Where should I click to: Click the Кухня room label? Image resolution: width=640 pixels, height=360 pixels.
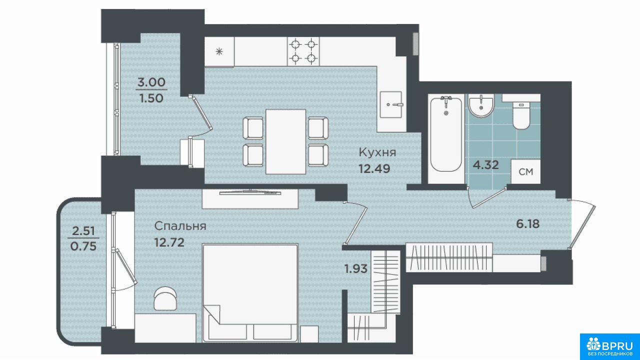click(x=377, y=152)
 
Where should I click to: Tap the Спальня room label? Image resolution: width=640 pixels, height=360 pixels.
click(x=180, y=226)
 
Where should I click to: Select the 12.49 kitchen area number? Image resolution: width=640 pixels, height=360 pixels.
click(x=374, y=168)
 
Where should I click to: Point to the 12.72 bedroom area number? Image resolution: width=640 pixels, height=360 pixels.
click(x=169, y=242)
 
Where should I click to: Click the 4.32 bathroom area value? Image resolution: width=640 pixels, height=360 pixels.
click(x=485, y=165)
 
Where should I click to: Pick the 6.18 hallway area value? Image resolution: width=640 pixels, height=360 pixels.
click(x=527, y=223)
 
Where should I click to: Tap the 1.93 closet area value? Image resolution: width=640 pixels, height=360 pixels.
click(x=355, y=269)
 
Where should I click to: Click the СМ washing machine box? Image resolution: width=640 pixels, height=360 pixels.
click(x=525, y=171)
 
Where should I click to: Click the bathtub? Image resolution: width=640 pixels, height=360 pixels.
click(x=446, y=134)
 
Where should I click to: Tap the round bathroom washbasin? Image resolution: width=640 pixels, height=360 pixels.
click(x=481, y=106)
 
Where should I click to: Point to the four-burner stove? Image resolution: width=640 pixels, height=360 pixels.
click(x=303, y=51)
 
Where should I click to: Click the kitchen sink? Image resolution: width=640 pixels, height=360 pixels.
click(x=391, y=104)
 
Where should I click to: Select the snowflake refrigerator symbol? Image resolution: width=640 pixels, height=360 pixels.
click(x=219, y=51)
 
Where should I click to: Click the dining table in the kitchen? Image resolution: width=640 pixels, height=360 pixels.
click(x=285, y=141)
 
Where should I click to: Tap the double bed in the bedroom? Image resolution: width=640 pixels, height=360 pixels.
click(x=250, y=293)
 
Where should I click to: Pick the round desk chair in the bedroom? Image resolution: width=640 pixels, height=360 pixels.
click(x=165, y=298)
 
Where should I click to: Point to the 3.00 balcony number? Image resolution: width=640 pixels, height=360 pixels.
click(x=151, y=82)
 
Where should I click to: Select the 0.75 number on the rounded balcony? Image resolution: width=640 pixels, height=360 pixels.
click(x=83, y=246)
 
